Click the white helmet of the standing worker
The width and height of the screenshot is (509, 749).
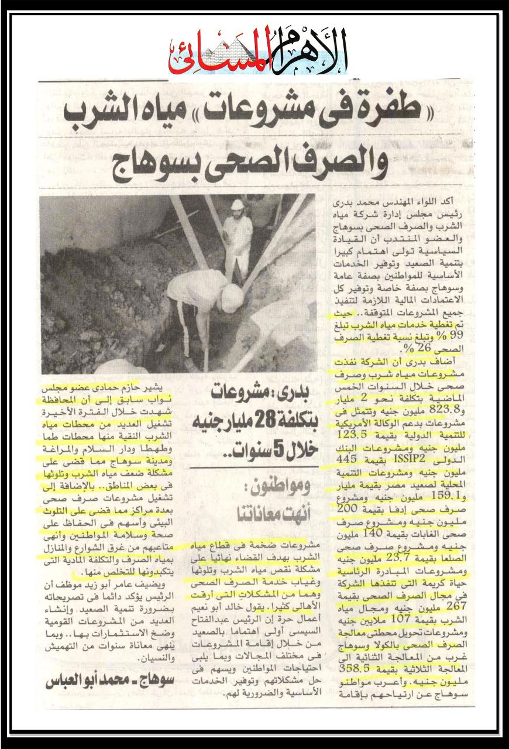point(237,204)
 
